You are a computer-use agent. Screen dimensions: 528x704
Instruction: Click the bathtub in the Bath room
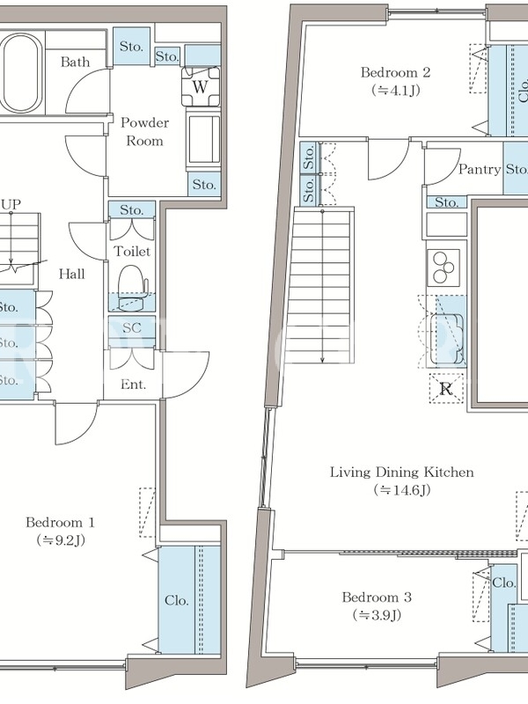pos(20,75)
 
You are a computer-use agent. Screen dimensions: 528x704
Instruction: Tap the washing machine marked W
pos(202,86)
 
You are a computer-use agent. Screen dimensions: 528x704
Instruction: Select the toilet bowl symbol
pos(132,288)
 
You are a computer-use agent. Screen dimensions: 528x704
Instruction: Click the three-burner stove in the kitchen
pos(444,268)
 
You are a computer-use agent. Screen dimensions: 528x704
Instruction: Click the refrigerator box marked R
pos(445,388)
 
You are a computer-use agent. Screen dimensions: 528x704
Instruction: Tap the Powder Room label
pos(144,131)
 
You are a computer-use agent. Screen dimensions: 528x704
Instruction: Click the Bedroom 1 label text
pos(60,522)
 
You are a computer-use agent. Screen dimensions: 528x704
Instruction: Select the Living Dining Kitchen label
pos(402,472)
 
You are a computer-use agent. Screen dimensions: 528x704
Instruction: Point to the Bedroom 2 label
pos(395,72)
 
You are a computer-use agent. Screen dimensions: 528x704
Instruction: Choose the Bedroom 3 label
pos(377,598)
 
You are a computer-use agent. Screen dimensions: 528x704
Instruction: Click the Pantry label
pos(480,169)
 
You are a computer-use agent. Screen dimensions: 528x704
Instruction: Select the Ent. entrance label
pos(133,385)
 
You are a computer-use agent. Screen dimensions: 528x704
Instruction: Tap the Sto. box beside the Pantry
pos(516,168)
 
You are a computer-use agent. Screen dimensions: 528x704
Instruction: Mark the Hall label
pos(72,274)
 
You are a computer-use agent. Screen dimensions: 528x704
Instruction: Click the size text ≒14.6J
pos(402,490)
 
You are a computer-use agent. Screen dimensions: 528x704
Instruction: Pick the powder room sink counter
pos(204,140)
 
